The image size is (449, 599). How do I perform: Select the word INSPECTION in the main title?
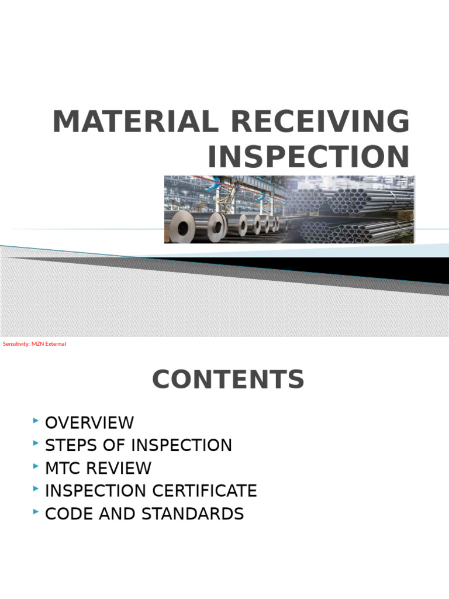click(309, 157)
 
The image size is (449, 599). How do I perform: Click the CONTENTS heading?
click(229, 380)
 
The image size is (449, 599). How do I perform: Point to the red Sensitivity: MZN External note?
click(34, 344)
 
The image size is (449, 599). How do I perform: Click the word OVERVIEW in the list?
click(89, 422)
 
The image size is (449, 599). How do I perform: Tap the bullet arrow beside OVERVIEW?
click(36, 421)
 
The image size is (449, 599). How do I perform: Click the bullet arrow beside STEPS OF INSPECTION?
click(36, 443)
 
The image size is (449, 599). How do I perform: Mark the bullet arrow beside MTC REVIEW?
click(36, 466)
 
